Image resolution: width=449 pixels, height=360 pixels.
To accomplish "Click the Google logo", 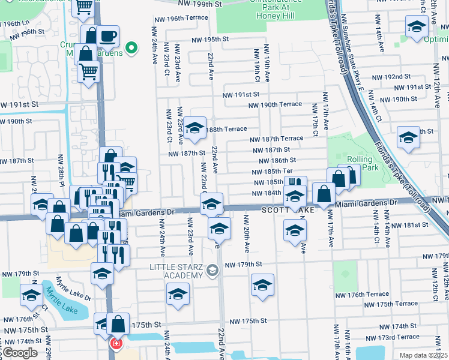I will point(20,353).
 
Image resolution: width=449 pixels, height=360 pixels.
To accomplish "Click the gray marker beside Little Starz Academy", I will point(211,271).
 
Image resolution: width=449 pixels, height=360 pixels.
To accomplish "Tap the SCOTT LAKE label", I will point(288,210).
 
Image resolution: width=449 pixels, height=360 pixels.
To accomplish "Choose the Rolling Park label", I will point(378,163).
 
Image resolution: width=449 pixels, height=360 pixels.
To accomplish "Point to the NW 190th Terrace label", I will point(276,104).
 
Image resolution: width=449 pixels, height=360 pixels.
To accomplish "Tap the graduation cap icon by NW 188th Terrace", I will point(194,128).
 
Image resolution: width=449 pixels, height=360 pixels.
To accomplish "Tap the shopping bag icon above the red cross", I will point(119,323).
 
